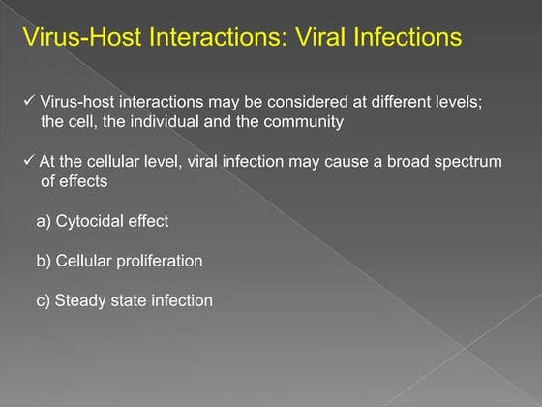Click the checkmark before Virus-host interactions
[28, 103]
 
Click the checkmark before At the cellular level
[28, 161]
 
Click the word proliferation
[158, 261]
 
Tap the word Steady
[81, 300]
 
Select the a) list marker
[44, 221]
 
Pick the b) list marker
[44, 261]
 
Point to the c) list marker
[44, 300]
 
